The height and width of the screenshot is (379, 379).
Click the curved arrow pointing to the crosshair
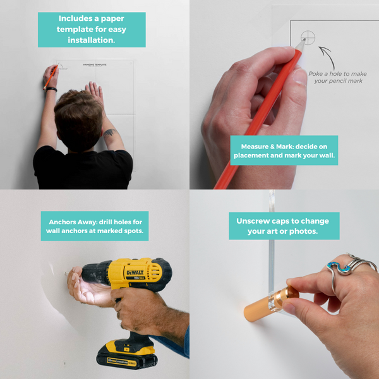pos(326,53)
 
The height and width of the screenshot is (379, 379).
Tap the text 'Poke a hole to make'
pos(336,73)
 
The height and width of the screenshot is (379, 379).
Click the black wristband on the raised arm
pos(51,90)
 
